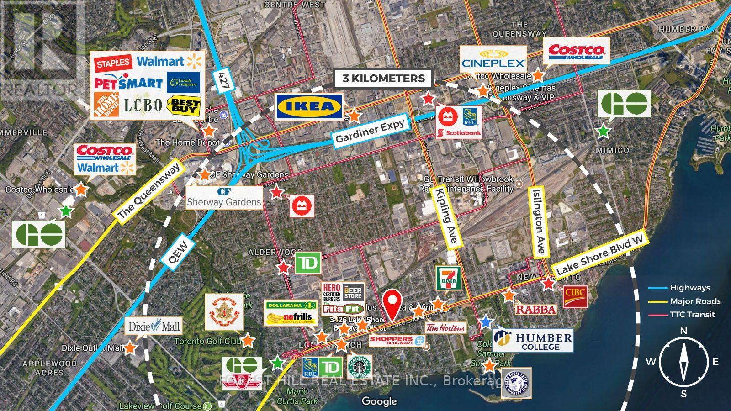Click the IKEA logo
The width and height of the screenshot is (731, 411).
click(309, 107)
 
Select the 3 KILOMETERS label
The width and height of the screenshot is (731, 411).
click(384, 79)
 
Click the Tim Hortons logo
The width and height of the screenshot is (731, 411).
click(445, 327)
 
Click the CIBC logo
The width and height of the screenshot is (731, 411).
click(575, 296)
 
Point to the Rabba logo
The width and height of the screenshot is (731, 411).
click(536, 310)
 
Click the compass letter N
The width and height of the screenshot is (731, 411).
click(683, 331)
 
